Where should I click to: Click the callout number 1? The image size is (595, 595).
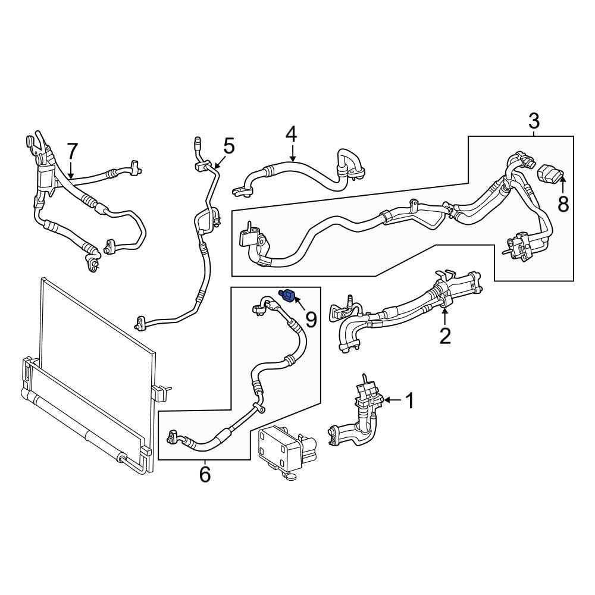click(410, 401)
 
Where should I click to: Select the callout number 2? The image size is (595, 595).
click(444, 336)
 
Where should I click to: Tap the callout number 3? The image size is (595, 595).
click(534, 121)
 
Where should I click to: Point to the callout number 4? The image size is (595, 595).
click(292, 134)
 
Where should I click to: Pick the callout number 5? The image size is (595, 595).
click(229, 146)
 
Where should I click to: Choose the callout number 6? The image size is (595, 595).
click(205, 474)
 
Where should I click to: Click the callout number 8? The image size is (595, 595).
click(563, 204)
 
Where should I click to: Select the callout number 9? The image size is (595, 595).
click(311, 320)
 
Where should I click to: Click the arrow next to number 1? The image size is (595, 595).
click(392, 400)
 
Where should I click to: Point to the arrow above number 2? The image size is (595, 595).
click(444, 316)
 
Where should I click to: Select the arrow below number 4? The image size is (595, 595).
click(292, 153)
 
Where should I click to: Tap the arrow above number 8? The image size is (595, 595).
click(563, 186)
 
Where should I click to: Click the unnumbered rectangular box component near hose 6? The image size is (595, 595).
click(287, 453)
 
